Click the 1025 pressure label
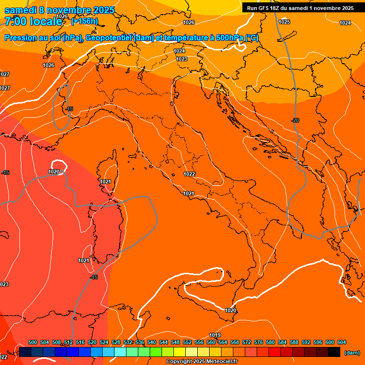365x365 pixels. [284, 22]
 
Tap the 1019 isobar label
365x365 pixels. [215, 335]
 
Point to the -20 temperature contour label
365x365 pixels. [295, 120]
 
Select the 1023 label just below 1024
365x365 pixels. [182, 59]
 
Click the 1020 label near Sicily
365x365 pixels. [231, 310]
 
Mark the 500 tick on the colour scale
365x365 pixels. [33, 342]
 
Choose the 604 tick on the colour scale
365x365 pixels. [341, 342]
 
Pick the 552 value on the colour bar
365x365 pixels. [187, 342]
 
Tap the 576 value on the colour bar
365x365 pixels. [259, 342]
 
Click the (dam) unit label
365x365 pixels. [352, 353]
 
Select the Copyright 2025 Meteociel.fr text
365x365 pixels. [202, 362]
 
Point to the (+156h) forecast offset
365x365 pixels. [85, 21]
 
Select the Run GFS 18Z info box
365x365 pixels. [300, 8]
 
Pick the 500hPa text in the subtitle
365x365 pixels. [229, 38]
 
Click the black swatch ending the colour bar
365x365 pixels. [334, 352]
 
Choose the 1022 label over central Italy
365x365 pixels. [189, 174]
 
